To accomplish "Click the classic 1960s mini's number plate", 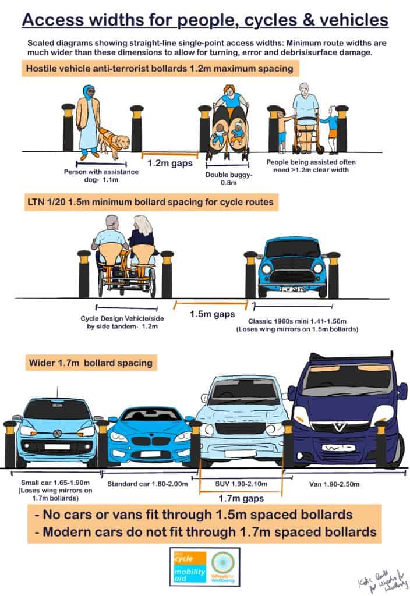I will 292,289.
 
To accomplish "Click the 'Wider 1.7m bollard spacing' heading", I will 90,363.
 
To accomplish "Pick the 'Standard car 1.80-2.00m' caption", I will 147,483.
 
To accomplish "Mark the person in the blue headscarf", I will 90,119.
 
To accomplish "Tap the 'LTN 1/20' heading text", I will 52,203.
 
